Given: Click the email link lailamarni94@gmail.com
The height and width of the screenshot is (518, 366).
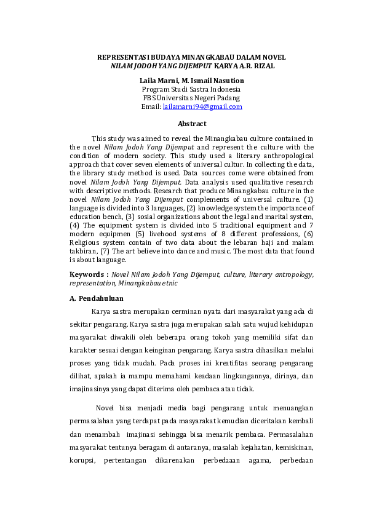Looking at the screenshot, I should click(202, 106).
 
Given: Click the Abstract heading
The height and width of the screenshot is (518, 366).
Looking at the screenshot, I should click(191, 124).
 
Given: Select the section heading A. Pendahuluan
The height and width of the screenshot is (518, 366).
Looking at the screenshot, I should click(97, 298).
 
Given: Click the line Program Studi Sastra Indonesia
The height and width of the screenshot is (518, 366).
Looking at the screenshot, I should click(191, 89).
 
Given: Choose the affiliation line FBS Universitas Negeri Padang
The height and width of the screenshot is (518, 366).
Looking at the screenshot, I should click(191, 98).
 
